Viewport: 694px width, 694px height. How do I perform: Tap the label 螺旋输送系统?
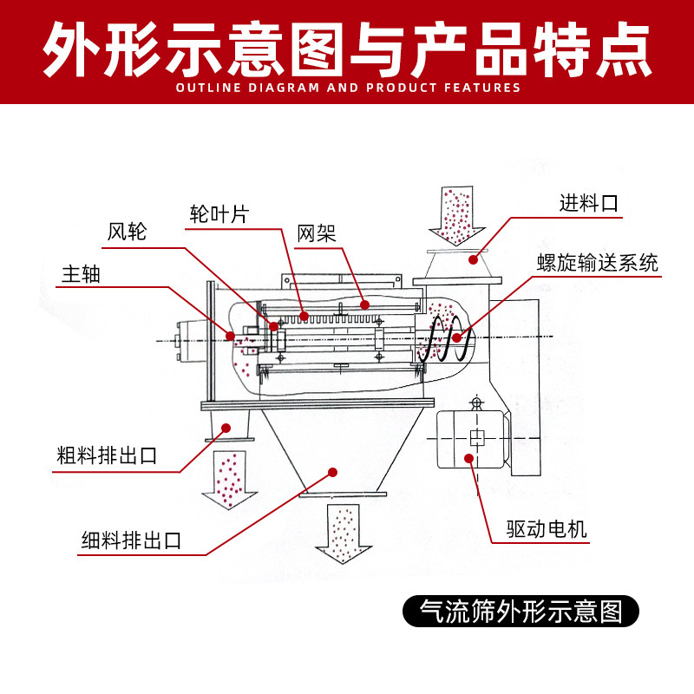[598, 263]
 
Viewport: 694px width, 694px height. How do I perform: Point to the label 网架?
[316, 233]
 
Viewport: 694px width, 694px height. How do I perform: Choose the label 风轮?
[128, 232]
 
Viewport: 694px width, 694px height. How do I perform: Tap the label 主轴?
[81, 275]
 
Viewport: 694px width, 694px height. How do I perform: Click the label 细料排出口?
[131, 540]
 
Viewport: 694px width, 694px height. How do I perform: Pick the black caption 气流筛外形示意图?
[520, 611]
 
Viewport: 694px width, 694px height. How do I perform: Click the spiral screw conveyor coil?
[448, 338]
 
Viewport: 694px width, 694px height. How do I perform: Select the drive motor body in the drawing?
[473, 438]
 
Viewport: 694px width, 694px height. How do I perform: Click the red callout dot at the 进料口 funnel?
[473, 258]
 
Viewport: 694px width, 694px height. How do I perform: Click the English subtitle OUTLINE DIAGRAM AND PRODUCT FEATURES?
[347, 88]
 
